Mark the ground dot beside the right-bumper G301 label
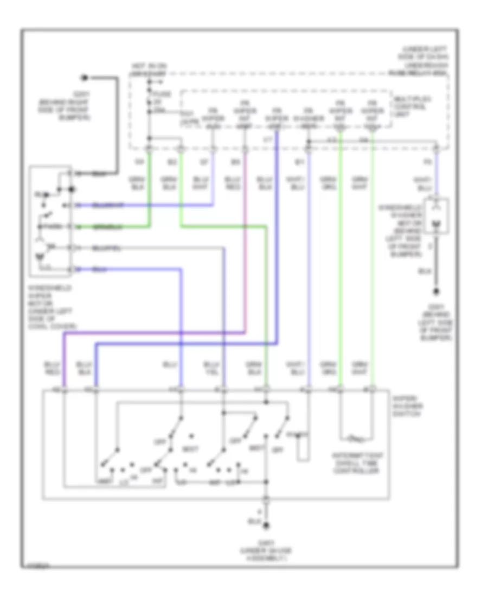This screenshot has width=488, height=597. (x=84, y=78)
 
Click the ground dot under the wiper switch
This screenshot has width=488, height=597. (x=266, y=525)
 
